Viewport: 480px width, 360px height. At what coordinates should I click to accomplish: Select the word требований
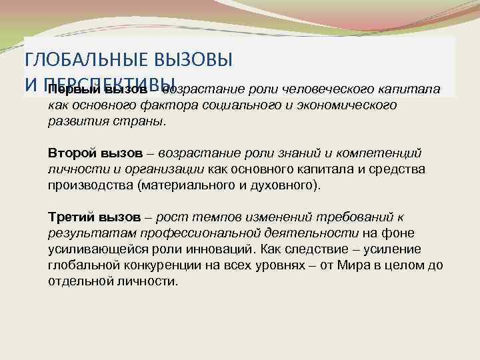[352, 217]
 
